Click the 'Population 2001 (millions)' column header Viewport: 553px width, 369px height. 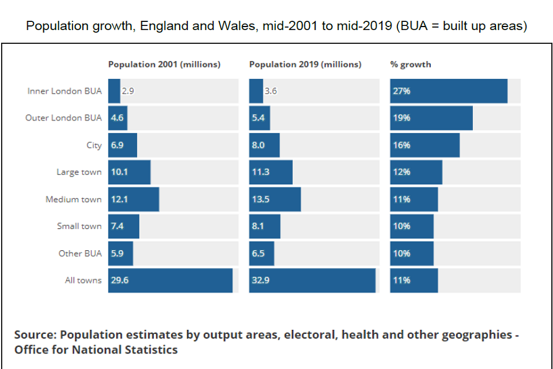click(164, 65)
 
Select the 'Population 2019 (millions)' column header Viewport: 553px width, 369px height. click(305, 65)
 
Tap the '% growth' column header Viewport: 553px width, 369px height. click(410, 65)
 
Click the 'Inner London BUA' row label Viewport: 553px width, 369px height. click(65, 91)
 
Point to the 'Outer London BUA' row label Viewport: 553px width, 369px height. click(63, 118)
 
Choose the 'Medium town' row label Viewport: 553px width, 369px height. click(74, 199)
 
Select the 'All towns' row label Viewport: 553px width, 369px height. click(83, 281)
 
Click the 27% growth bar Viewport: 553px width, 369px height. click(449, 91)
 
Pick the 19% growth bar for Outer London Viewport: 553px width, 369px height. click(431, 118)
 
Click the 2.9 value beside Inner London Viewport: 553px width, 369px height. click(127, 91)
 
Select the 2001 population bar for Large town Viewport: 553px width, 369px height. click(129, 172)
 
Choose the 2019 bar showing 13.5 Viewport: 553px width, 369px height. click(275, 199)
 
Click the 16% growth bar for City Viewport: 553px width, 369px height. click(425, 145)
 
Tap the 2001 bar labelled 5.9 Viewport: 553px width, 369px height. click(120, 254)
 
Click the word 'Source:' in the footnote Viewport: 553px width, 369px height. click(36, 335)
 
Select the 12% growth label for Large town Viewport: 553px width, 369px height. click(402, 172)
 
